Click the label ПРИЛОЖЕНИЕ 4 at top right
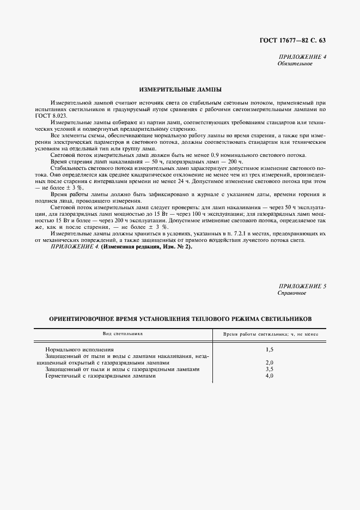[302, 57]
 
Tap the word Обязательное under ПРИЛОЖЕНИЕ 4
[295, 63]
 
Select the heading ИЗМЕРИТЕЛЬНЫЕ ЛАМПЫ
[180, 88]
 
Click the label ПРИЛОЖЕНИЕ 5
[302, 286]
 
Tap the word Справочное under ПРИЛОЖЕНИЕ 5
[292, 293]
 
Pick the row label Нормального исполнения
[80, 348]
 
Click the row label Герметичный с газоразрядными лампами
[101, 375]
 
